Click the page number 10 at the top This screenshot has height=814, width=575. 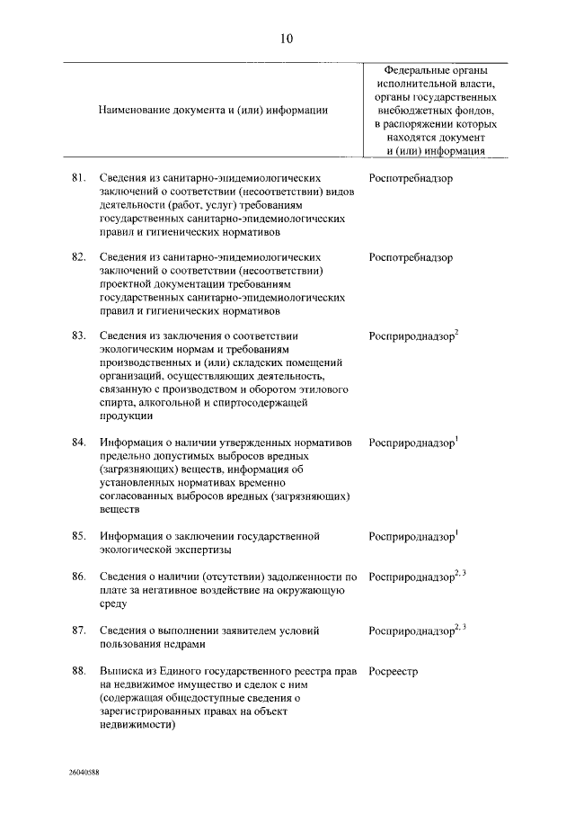(287, 38)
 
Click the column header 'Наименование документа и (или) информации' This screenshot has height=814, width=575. (213, 110)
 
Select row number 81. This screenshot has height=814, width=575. (78, 179)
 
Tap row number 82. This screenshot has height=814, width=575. (78, 257)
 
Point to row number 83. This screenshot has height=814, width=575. (78, 335)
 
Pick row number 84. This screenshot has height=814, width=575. (78, 443)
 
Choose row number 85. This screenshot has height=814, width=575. (78, 536)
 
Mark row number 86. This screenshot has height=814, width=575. (78, 577)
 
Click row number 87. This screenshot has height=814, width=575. (78, 631)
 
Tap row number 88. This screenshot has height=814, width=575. (78, 671)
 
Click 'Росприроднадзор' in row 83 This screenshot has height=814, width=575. (411, 336)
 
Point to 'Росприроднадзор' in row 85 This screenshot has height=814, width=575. (411, 537)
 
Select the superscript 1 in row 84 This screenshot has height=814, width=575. (457, 439)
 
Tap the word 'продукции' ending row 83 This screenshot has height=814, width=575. (126, 416)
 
